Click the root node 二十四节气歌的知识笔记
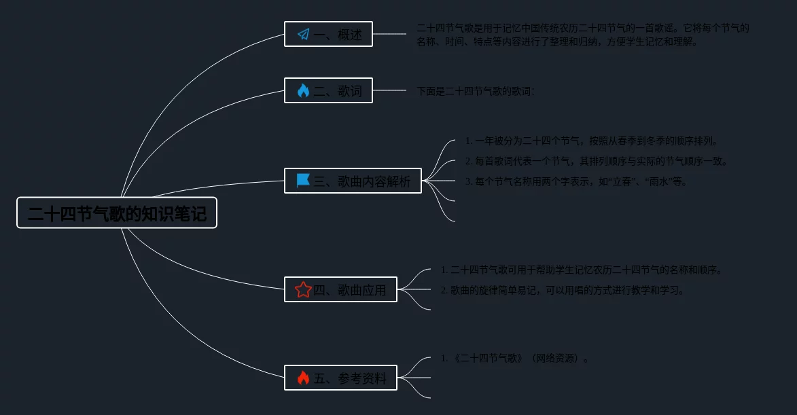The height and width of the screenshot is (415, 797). coord(117,213)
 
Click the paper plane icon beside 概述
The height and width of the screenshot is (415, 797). coord(303,34)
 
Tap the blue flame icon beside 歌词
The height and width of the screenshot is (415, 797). coord(303,90)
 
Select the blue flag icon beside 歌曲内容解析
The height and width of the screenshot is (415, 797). coord(303,181)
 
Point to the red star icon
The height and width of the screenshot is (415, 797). coord(303,290)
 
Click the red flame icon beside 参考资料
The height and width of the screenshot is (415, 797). coord(303,378)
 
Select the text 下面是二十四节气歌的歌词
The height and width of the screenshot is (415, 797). coord(476,90)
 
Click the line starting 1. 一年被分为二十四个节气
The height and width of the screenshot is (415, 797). coord(591,141)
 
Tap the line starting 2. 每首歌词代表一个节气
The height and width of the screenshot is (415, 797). coord(597,162)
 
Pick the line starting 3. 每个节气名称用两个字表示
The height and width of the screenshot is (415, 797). coord(576,182)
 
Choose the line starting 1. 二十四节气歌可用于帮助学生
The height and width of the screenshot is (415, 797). coord(582,270)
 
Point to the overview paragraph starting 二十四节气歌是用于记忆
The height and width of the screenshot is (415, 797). coord(583,35)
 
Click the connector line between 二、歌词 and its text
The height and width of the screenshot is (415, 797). coord(389,90)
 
